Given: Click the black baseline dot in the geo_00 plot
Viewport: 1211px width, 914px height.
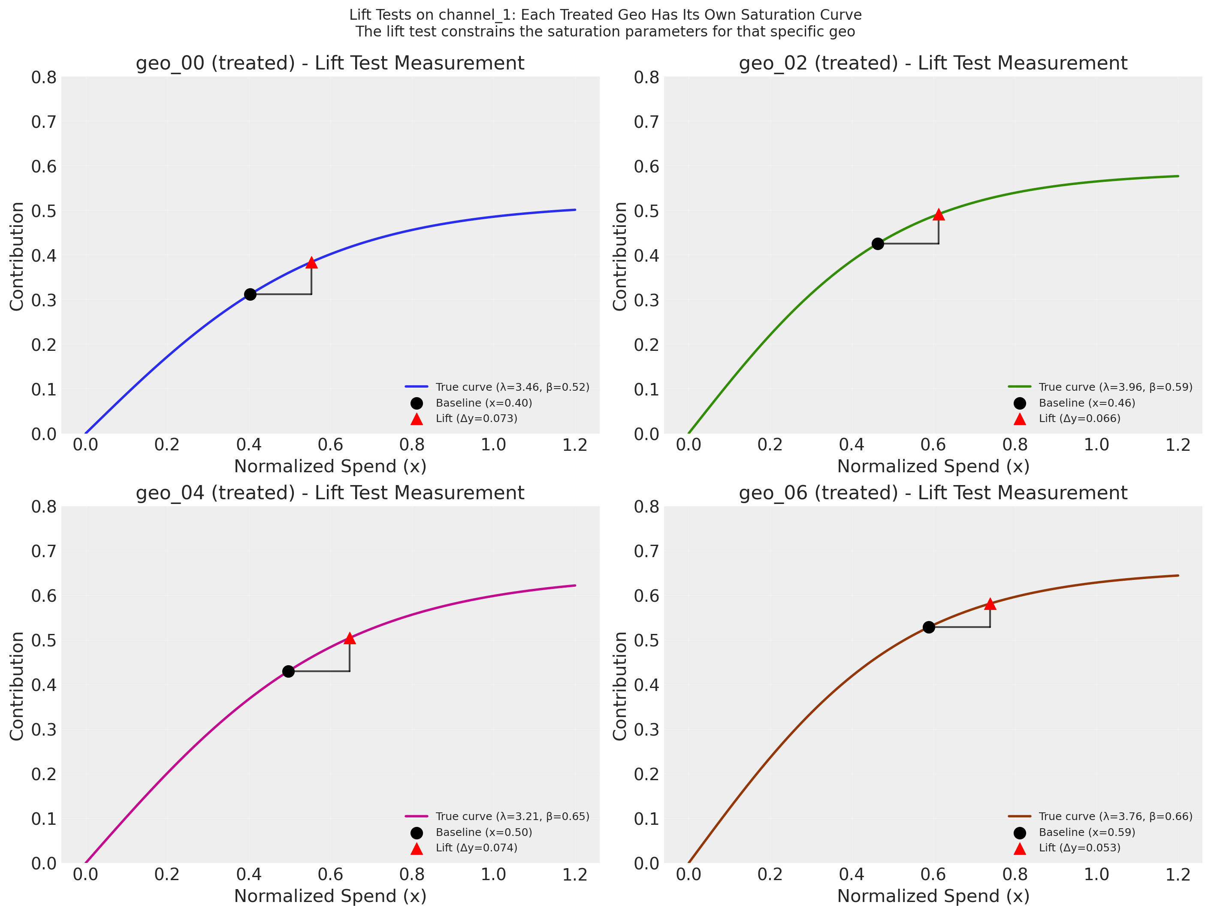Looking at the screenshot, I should coord(250,295).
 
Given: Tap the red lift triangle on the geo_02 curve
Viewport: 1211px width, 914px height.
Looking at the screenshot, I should coord(938,214).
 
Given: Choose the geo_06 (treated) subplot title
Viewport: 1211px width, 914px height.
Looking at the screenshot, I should coord(933,493).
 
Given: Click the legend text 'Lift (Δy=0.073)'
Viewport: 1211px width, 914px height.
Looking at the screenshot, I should coord(476,419).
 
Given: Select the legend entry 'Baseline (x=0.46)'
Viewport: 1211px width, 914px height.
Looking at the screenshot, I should coord(1087,403).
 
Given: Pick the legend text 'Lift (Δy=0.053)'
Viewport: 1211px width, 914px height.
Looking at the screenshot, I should coord(1080,848).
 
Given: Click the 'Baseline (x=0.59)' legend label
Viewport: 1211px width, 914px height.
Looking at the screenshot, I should coord(1087,833).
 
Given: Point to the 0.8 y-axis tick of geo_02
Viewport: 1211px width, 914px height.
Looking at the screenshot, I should coord(646,78).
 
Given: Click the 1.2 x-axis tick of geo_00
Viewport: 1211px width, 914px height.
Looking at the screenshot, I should coord(575,445).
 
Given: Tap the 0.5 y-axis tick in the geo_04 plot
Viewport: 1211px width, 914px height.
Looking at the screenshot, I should coord(44,640).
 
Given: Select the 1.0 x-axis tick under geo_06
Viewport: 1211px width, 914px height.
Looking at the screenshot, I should coord(1096,875).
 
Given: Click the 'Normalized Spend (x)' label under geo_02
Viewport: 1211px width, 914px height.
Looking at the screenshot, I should coord(933,466).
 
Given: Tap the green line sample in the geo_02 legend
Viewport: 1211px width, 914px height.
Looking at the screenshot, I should coord(1019,387).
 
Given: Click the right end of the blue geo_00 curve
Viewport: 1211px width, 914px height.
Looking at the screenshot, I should coord(575,210).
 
